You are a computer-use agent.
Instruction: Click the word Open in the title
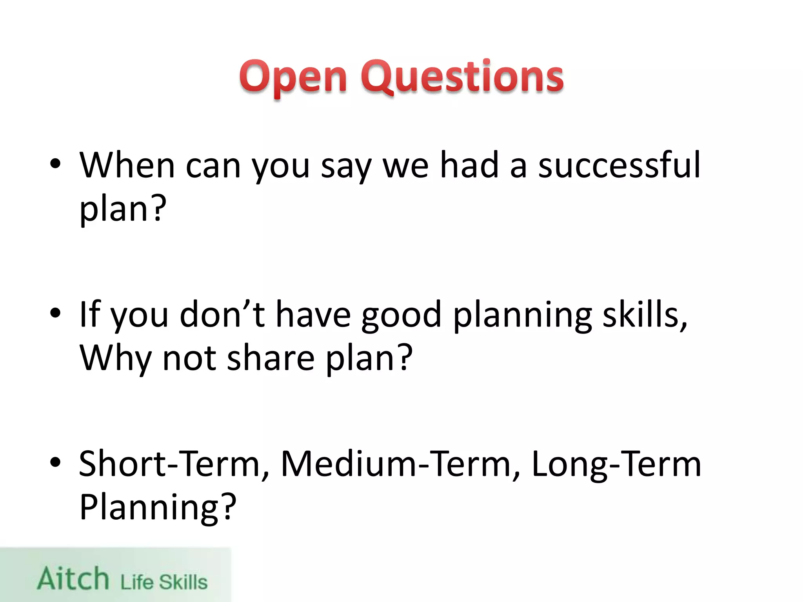pos(293,77)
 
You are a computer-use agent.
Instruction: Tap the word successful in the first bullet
pos(619,165)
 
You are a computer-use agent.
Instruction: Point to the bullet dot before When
pos(56,164)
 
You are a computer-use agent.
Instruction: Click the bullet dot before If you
pos(56,313)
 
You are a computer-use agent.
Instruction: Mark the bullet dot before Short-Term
pos(56,462)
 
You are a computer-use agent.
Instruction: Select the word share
pos(271,358)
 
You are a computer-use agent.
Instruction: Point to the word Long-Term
pos(616,465)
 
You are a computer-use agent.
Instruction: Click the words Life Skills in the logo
pos(164,582)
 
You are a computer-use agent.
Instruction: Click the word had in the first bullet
pos(469,165)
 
